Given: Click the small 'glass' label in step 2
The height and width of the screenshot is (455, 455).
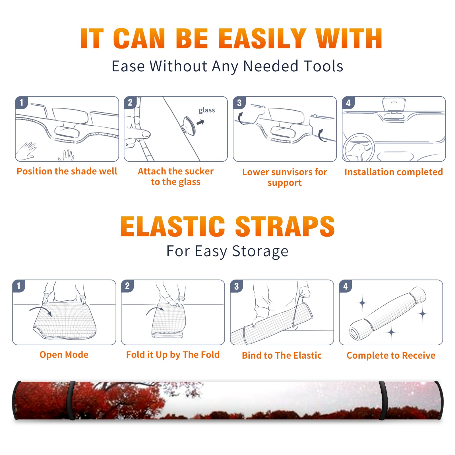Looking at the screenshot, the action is (207, 110).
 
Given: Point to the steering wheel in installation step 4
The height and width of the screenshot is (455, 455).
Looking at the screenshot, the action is (359, 148).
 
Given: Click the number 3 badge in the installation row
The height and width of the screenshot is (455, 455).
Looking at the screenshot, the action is (239, 103).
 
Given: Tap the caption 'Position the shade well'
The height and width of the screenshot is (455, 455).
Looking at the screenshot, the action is (67, 171).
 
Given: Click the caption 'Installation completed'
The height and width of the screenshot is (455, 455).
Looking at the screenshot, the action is (394, 172).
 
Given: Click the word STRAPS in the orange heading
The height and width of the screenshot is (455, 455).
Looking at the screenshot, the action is (285, 226).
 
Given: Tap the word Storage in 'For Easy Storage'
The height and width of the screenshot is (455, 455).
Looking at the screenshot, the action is (260, 251).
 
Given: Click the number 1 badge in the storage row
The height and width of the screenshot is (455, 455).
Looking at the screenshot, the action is (19, 286).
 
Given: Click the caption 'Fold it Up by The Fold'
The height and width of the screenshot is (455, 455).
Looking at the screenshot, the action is (173, 355).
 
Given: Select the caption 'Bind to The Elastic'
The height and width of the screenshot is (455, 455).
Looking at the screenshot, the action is (282, 355).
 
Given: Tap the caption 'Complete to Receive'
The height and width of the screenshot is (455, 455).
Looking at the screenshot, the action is (391, 355).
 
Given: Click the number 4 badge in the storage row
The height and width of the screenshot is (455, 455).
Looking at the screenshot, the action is (346, 286).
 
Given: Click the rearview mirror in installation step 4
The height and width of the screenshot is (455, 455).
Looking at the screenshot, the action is (394, 105).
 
